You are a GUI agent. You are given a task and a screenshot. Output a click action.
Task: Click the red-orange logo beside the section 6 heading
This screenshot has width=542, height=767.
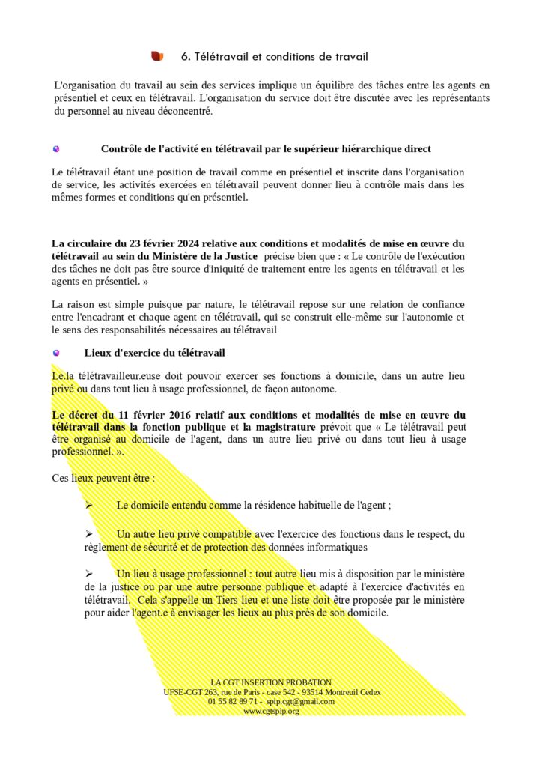point(157,56)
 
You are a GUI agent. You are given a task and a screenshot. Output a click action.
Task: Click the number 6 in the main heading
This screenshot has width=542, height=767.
point(185,56)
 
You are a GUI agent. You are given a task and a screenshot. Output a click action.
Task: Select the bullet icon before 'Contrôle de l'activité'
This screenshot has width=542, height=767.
point(56,149)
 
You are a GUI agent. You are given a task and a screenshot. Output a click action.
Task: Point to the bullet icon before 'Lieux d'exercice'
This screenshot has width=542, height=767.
point(56,353)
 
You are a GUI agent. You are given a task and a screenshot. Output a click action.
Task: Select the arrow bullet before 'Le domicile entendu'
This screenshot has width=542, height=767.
point(88,505)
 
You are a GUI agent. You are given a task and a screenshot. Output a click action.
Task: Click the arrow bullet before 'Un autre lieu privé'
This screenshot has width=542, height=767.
point(88,534)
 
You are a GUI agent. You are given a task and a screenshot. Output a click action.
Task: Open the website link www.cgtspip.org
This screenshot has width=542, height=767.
point(271,711)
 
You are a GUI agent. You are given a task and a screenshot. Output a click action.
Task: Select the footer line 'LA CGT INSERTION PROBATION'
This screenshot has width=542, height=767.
point(271,682)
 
